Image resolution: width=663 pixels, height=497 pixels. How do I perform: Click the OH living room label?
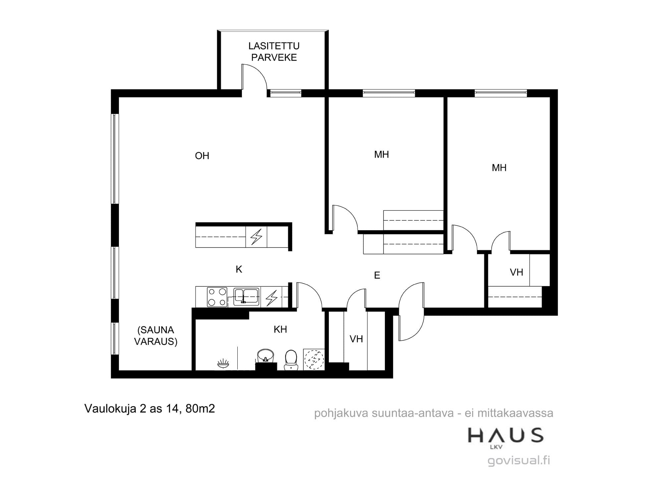[x=202, y=156]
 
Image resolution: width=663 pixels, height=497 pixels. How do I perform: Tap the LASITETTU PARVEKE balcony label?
[x=274, y=52]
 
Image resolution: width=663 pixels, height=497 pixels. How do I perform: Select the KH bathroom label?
[x=280, y=329]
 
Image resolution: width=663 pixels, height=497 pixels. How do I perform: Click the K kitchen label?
[x=239, y=269]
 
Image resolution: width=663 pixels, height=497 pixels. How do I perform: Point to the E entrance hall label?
[x=377, y=275]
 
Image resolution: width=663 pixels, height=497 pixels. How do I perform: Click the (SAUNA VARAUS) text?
[x=156, y=336]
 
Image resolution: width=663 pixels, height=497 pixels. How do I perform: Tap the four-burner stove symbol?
[x=217, y=297]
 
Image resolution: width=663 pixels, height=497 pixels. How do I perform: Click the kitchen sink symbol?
[x=246, y=297]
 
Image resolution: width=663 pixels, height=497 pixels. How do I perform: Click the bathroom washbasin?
[x=266, y=356]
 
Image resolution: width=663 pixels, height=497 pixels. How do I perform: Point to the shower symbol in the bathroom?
[x=223, y=363]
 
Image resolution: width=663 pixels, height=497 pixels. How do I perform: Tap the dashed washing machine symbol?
[x=314, y=359]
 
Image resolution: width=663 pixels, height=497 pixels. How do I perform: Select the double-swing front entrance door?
[x=411, y=311]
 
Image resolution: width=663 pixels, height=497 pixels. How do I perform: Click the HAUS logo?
[x=505, y=436]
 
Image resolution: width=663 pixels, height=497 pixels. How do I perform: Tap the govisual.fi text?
[x=519, y=461]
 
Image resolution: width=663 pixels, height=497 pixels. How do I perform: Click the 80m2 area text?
[x=200, y=409]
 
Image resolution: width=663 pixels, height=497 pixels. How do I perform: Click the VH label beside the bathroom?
[x=356, y=339]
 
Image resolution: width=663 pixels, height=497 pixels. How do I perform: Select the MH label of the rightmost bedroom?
[x=499, y=168]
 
